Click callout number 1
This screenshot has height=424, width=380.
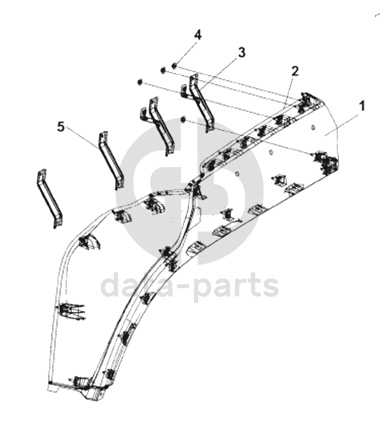point(361,106)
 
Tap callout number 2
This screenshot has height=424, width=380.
point(295,71)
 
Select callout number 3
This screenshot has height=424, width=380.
point(242,52)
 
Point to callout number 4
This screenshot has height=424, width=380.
point(198,35)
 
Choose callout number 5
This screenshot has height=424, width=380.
point(61,127)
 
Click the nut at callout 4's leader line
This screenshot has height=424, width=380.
point(174,65)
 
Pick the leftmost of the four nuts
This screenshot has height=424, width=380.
point(140,82)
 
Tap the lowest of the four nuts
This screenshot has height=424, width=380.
point(183,120)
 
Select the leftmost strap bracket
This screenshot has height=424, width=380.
point(49,198)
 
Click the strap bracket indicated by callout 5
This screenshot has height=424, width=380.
point(110,160)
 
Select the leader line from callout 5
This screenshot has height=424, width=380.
point(83,139)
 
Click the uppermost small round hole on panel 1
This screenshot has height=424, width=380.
point(313,127)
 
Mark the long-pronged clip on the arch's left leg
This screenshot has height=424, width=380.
point(70,311)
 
